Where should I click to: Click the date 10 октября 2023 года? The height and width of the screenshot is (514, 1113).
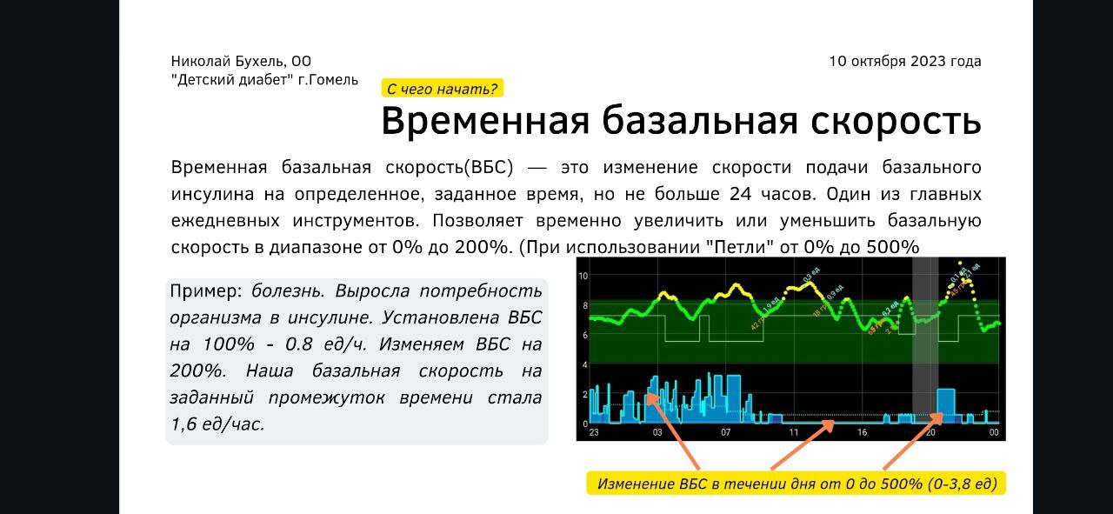pyautogui.click(x=904, y=61)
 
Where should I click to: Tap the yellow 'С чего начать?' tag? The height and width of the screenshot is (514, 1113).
pyautogui.click(x=442, y=88)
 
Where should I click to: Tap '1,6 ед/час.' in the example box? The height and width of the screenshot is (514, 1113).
pyautogui.click(x=217, y=424)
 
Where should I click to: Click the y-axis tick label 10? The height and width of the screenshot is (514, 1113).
pyautogui.click(x=584, y=276)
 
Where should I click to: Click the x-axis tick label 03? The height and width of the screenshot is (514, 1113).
pyautogui.click(x=657, y=432)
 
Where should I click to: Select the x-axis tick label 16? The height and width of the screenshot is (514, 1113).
pyautogui.click(x=861, y=432)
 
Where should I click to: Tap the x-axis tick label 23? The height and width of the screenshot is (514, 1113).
pyautogui.click(x=594, y=432)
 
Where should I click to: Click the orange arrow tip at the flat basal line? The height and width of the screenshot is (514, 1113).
pyautogui.click(x=833, y=424)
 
